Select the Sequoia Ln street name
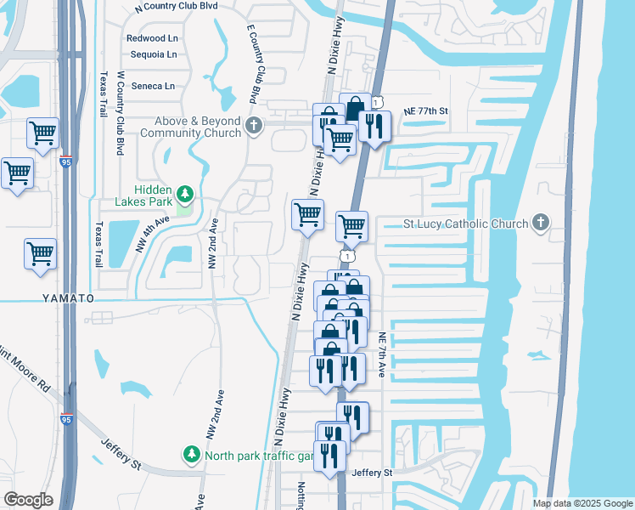(153, 54)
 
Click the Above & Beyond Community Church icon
(252, 127)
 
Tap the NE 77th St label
(425, 111)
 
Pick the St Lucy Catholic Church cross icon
(539, 224)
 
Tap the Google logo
(28, 500)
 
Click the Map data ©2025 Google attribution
(582, 503)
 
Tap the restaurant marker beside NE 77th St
(374, 126)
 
